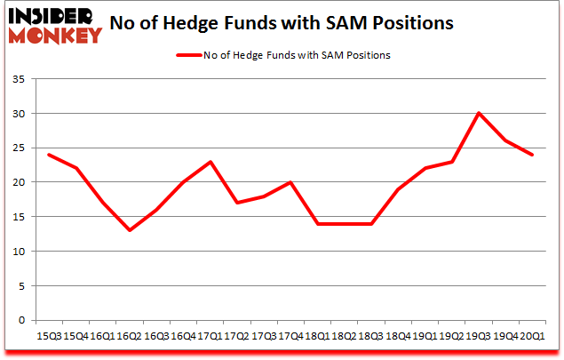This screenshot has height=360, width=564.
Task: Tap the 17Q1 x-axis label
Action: pos(208,336)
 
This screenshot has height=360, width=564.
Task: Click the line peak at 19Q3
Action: pos(478,114)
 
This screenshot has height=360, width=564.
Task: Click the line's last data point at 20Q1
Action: pos(532,155)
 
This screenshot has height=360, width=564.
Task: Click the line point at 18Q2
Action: pos(343,224)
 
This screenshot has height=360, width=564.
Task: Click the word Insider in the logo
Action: pos(48,17)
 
